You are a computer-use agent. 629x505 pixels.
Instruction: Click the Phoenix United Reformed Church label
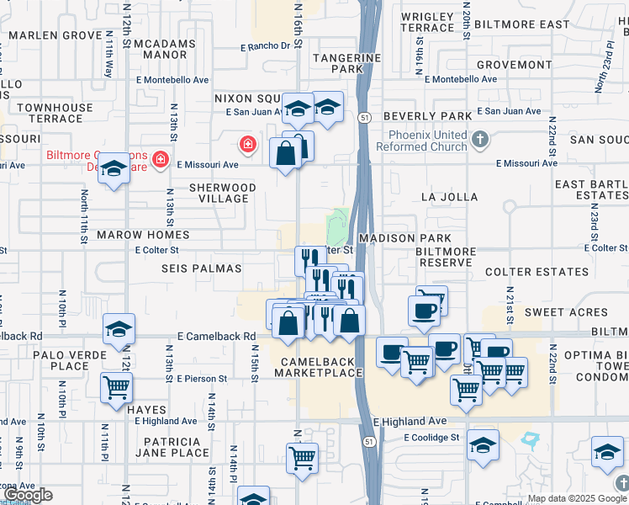427,141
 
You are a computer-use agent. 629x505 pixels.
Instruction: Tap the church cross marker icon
479,139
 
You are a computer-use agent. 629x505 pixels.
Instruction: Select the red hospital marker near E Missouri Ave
247,144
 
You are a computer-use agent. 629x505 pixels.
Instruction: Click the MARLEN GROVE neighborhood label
55,35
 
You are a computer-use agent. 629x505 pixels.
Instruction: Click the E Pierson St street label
202,379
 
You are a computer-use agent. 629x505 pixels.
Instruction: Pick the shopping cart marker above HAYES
116,387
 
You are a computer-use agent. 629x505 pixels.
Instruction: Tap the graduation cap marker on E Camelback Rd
119,328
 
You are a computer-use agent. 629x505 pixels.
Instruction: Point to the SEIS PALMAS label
202,268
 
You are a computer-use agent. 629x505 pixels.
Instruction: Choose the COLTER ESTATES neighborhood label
536,272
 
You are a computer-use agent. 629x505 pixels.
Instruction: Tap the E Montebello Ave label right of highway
457,79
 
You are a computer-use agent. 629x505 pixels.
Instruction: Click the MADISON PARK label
399,238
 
